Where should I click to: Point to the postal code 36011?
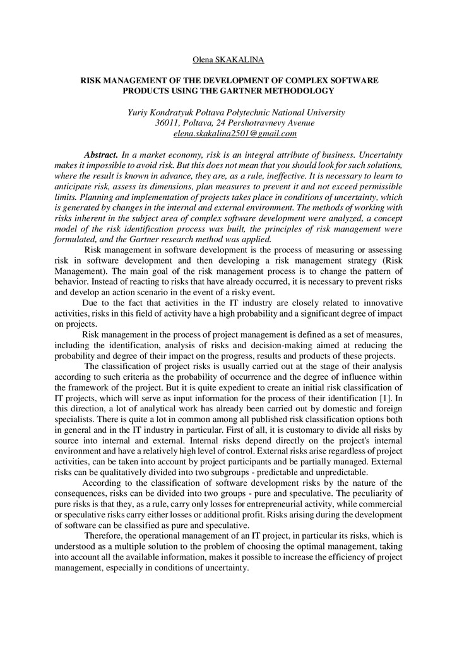pos(168,122)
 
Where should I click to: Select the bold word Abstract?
pos(101,155)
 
